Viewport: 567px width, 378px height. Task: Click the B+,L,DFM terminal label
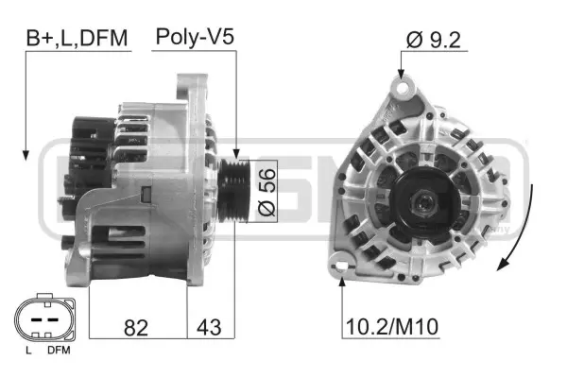tap(75, 38)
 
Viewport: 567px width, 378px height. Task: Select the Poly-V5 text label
tap(194, 38)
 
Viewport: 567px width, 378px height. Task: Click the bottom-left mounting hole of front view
tap(342, 268)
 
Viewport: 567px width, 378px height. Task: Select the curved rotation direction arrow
tap(525, 227)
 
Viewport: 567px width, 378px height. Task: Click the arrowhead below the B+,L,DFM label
tap(26, 152)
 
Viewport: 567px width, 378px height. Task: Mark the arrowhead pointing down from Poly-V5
tap(235, 151)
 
